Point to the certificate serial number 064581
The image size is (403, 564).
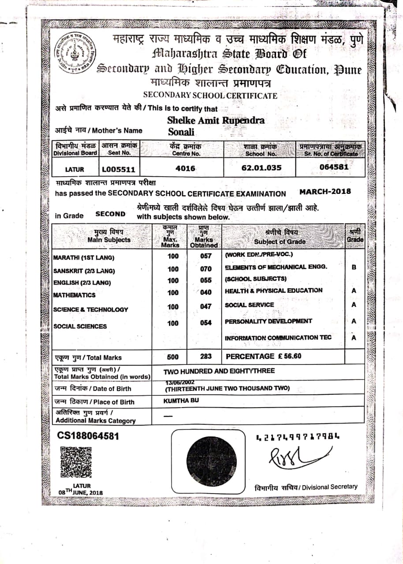pos(334,167)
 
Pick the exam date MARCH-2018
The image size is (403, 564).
pos(325,192)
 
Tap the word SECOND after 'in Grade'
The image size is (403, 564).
pos(111,214)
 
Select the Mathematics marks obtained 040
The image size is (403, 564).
pos(205,293)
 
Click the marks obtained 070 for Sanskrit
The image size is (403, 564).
pos(205,269)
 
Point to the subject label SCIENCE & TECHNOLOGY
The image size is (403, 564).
pos(90,309)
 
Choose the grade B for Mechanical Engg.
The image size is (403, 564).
pos(354,267)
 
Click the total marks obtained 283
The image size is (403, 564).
pos(205,356)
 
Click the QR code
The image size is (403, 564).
pos(76,462)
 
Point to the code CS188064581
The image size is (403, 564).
pos(88,435)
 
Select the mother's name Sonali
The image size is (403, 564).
pos(181,132)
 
